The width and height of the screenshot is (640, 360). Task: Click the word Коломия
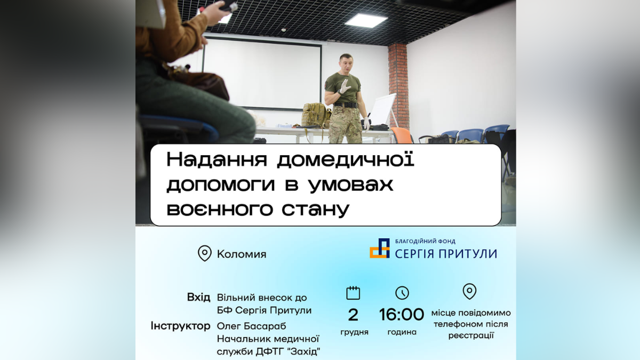click(241, 254)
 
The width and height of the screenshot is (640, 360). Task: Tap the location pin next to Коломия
click(204, 253)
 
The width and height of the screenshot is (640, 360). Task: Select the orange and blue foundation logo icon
click(380, 249)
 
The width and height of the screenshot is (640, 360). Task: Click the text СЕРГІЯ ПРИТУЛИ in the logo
click(446, 254)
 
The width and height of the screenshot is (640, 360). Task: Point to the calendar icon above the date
click(353, 293)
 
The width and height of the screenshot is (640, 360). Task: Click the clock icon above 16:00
click(402, 293)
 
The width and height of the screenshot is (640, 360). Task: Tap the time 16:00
click(402, 315)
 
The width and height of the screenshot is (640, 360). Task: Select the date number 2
click(353, 315)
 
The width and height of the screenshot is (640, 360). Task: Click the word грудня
click(354, 332)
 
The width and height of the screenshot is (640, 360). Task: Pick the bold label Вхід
click(198, 297)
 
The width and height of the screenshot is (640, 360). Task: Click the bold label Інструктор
click(180, 326)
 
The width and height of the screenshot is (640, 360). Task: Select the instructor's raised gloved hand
click(345, 85)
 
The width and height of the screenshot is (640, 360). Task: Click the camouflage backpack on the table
click(316, 115)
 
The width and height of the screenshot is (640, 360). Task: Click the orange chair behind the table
click(402, 134)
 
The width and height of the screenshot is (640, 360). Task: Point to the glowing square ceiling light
click(365, 20)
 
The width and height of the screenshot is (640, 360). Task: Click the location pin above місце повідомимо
click(469, 292)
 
